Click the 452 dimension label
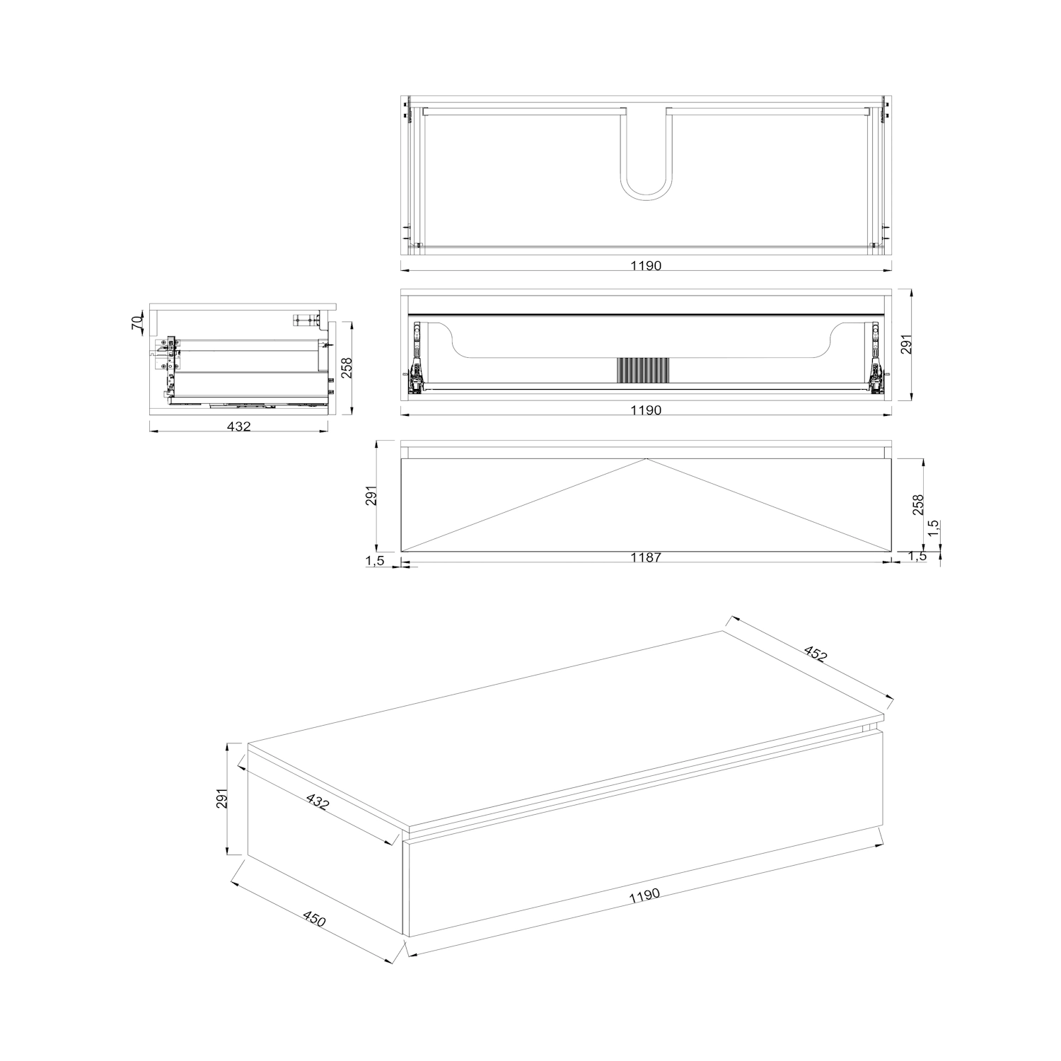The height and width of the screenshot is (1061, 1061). [816, 654]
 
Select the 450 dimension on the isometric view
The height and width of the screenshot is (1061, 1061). [314, 920]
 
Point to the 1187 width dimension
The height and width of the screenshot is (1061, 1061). [646, 557]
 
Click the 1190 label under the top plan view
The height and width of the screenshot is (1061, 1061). [646, 266]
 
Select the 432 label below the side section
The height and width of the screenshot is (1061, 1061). [239, 427]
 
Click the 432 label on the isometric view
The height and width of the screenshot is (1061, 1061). [318, 801]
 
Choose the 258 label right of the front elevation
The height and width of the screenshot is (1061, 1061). [917, 504]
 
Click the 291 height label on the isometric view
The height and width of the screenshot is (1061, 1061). [222, 798]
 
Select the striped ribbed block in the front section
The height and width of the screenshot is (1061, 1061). [642, 371]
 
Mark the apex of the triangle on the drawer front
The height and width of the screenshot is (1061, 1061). [646, 459]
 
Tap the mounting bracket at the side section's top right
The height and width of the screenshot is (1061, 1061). [306, 320]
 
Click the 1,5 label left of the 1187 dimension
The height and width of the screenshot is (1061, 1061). [375, 561]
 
